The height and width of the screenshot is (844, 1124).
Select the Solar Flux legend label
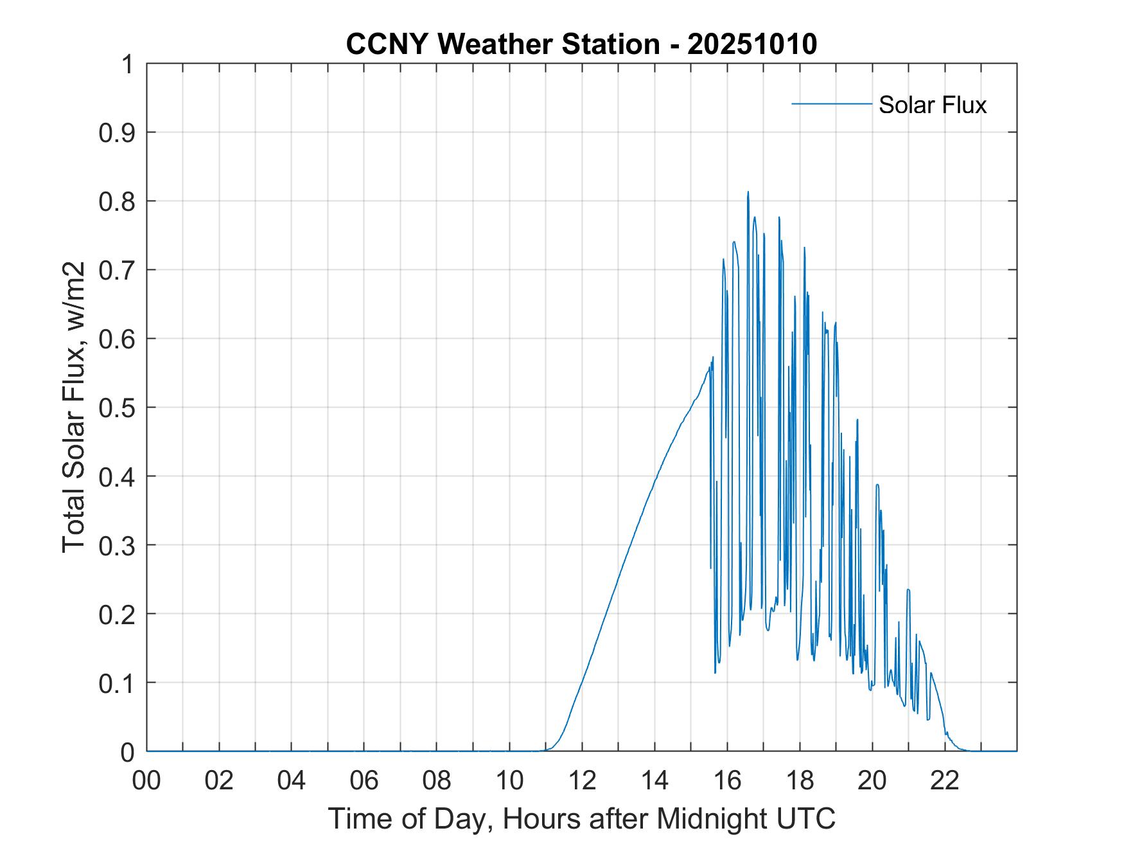tap(932, 105)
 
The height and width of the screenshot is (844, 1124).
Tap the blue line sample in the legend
tap(831, 103)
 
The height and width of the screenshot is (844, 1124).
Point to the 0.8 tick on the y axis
tap(118, 202)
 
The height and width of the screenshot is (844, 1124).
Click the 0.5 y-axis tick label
tap(118, 408)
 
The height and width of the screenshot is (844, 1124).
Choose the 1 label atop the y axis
tap(128, 65)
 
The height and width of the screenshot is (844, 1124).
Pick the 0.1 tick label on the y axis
tap(118, 683)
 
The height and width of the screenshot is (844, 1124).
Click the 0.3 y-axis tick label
tap(118, 546)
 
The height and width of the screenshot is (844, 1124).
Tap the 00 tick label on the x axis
tap(146, 780)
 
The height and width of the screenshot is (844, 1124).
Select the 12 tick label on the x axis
tap(582, 780)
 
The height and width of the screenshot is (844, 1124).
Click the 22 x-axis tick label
tap(945, 780)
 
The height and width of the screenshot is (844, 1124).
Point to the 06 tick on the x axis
tap(364, 780)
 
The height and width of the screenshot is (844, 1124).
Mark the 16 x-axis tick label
tap(727, 780)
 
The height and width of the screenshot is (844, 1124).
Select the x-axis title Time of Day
tap(581, 818)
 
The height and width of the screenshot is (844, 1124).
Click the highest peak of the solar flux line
tap(748, 192)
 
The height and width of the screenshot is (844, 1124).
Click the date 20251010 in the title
tap(752, 44)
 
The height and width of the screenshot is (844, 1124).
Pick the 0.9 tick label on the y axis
tap(118, 133)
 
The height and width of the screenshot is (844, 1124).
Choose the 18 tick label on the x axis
tap(800, 780)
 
